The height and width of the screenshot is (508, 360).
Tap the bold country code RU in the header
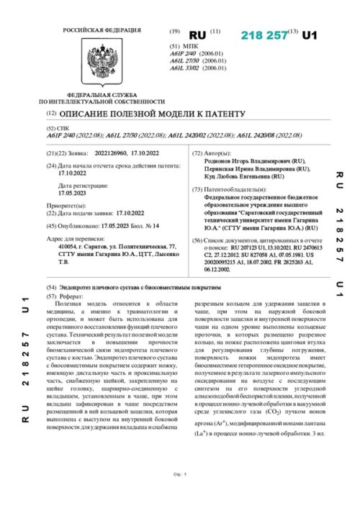[x=197, y=35]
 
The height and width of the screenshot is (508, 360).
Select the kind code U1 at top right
[x=310, y=35]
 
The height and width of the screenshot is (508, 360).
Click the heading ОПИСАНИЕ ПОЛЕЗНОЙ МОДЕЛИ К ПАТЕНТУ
[x=152, y=114]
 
